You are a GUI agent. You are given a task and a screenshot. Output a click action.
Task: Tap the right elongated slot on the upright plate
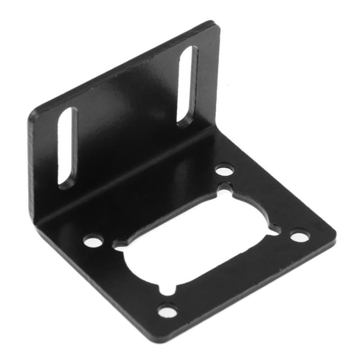[187, 85]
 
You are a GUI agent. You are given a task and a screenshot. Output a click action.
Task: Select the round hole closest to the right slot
[224, 170]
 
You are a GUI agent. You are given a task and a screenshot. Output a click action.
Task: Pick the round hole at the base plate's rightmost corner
[300, 235]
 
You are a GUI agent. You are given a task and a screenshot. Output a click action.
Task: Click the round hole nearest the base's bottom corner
[167, 310]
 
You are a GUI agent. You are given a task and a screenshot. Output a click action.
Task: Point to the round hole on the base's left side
[93, 241]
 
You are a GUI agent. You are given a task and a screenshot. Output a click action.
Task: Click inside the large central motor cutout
[198, 243]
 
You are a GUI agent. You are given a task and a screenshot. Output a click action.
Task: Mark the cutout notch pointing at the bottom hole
[167, 289]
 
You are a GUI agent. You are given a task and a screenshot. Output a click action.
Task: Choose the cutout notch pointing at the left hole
[118, 245]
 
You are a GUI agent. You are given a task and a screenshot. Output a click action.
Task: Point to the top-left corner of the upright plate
[32, 115]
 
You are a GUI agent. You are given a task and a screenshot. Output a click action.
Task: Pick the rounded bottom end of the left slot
[67, 184]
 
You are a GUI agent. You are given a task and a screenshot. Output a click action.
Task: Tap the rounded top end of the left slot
[69, 112]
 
